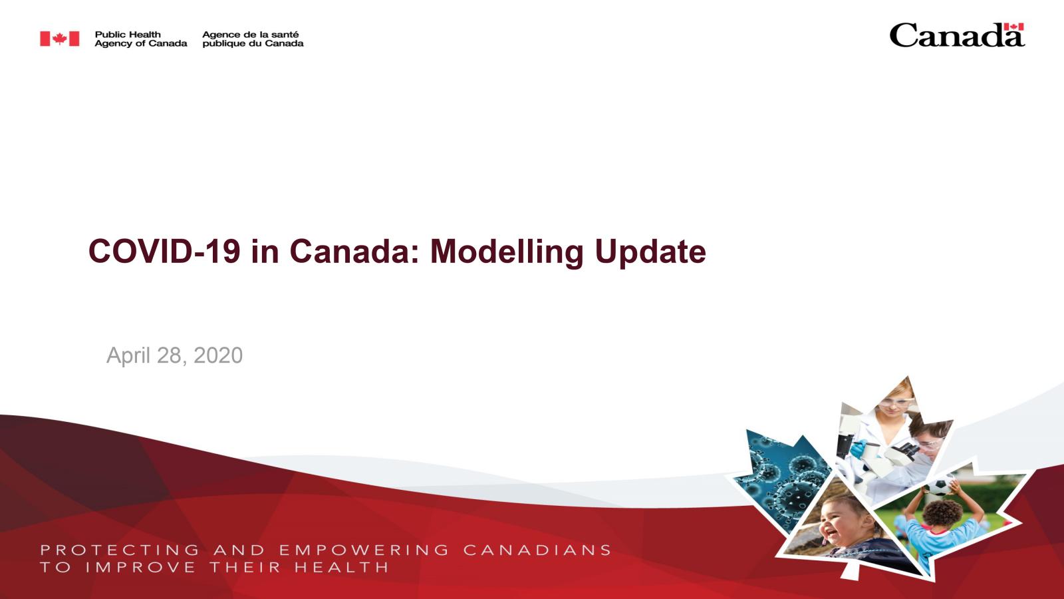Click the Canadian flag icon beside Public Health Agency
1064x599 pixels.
59,39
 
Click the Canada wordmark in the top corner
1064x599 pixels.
957,36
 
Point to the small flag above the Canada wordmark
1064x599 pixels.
1013,27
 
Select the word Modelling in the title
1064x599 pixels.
507,252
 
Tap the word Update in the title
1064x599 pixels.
650,252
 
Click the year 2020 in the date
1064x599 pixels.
218,355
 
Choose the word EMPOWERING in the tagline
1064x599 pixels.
364,550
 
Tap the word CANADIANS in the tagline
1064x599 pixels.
538,550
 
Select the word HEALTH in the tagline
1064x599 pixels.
342,567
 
